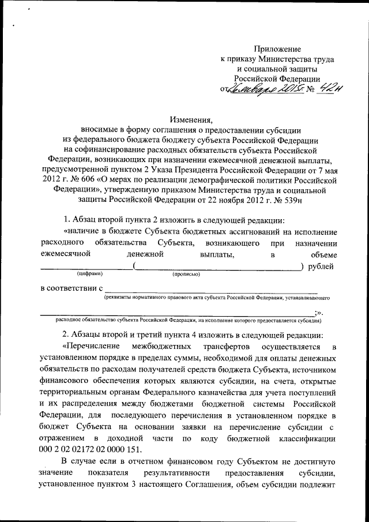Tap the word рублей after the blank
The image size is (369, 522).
tap(321, 265)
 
